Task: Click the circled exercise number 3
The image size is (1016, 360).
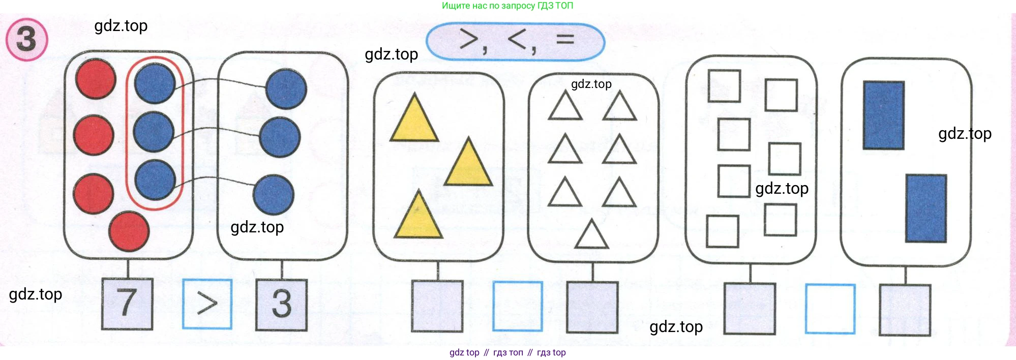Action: pos(26,39)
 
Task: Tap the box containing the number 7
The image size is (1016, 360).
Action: pos(127,304)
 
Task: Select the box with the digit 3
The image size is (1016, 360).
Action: pos(282,305)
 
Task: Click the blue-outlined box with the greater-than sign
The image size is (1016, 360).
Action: pos(207,304)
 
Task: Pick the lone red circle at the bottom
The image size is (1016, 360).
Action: pos(129,231)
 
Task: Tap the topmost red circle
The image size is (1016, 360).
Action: pos(96,79)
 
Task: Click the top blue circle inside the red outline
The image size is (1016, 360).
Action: pos(155,83)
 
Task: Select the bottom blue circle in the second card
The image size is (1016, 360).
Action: pos(274,195)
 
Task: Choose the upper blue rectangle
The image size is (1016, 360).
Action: pos(884,115)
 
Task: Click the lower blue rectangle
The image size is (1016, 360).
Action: pos(926,208)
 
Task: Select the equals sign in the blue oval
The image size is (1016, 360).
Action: pos(565,39)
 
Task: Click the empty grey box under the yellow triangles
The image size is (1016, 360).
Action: pos(437,306)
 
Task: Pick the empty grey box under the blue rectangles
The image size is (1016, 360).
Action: pos(905,310)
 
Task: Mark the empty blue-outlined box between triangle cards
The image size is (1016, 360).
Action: pos(518,306)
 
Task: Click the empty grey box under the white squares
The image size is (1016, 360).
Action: pos(750,309)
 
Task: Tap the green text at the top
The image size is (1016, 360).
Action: pos(507,6)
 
